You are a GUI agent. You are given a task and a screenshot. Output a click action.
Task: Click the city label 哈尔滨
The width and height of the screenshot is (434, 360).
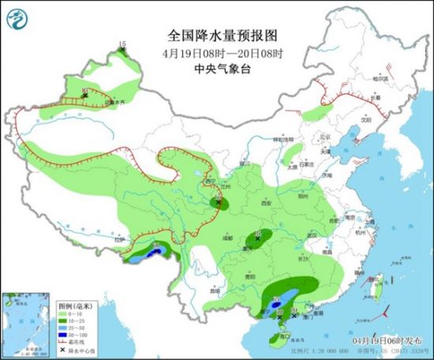pos(381,79)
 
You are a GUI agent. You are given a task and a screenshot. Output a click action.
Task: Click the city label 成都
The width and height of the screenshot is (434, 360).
pos(227,236)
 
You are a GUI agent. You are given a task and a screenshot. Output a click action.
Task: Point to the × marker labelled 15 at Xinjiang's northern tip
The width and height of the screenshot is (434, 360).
pos(122,51)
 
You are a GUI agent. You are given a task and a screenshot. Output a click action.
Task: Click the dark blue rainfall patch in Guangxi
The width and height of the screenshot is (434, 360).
pos(277,302)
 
